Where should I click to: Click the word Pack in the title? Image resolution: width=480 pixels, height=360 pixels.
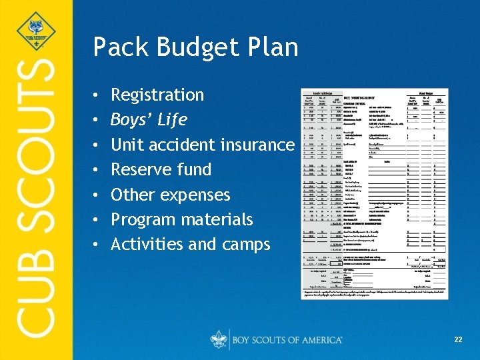(x=117, y=47)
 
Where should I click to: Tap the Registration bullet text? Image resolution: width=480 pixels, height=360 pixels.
(x=157, y=95)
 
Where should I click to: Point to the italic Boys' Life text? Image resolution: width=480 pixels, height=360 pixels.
(x=149, y=120)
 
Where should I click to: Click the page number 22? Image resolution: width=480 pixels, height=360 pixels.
(x=458, y=340)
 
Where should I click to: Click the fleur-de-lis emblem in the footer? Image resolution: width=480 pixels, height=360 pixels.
(x=219, y=339)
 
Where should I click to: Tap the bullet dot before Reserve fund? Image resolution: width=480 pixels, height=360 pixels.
(x=97, y=170)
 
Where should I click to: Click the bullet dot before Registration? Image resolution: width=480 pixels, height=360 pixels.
(x=97, y=95)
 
